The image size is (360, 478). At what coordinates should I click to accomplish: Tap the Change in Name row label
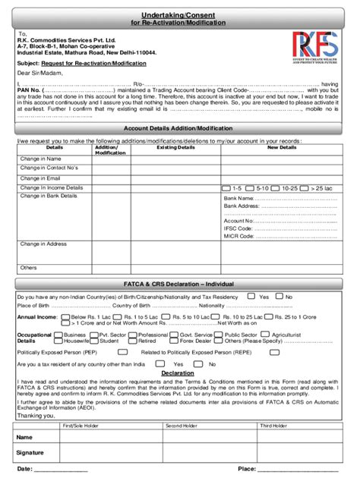click(40, 159)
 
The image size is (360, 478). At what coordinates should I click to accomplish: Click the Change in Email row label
click(40, 178)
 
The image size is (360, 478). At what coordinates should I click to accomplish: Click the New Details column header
click(282, 147)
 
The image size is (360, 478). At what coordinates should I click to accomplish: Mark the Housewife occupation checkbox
click(59, 341)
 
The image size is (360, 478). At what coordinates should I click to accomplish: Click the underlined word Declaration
click(177, 373)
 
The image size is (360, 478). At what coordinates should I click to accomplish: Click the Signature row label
click(30, 452)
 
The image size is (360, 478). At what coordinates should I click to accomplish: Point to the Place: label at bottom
click(247, 469)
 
